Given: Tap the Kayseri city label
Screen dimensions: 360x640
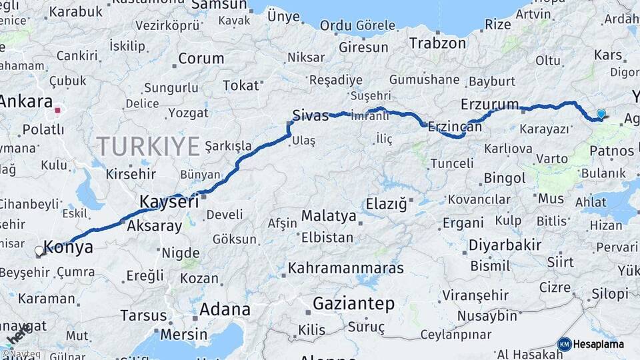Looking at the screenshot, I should (x=169, y=201).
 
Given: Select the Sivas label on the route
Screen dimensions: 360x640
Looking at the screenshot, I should (x=311, y=115).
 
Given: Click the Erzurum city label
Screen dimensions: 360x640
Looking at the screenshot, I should (x=489, y=104).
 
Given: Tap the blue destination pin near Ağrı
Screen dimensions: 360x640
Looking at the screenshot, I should (x=601, y=114).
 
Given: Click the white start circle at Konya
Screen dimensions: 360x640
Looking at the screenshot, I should (x=39, y=251).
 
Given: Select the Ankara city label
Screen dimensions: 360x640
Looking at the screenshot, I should (x=25, y=101).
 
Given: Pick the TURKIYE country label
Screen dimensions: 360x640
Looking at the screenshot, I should (x=149, y=145).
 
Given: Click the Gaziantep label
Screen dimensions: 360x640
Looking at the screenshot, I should (x=353, y=304).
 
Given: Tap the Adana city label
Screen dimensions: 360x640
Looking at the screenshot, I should (x=225, y=309).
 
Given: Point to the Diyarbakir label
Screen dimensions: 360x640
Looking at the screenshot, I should (x=505, y=245).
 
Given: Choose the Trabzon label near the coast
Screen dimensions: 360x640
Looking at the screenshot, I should (x=437, y=43).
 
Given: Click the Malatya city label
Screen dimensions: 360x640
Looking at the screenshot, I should (x=329, y=215).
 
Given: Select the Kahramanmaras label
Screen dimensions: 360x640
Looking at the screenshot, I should (x=346, y=268).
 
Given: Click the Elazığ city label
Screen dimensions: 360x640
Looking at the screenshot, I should (x=386, y=204).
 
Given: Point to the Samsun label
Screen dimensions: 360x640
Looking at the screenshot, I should (x=219, y=5).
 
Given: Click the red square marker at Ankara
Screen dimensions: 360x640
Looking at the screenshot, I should (x=58, y=110).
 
